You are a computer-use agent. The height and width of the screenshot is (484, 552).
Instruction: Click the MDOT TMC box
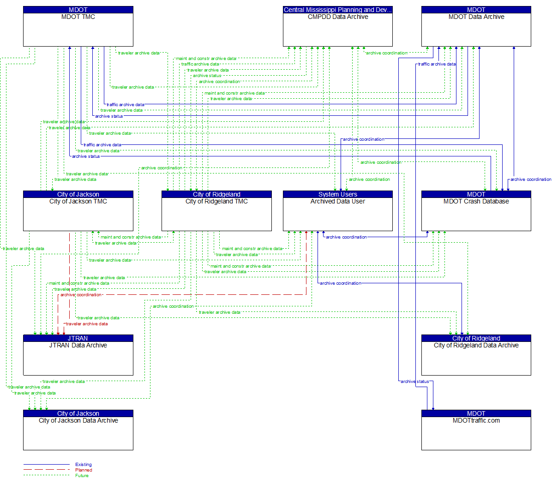tap(78, 30)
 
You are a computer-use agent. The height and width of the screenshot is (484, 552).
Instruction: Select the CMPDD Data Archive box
tap(337, 30)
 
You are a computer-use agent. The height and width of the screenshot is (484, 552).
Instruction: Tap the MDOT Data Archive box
tap(476, 30)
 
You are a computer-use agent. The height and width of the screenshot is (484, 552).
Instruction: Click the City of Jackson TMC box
tap(78, 214)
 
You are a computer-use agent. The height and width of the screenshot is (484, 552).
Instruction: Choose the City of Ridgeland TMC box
tap(216, 214)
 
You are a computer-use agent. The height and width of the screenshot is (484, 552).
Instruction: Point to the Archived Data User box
tap(337, 214)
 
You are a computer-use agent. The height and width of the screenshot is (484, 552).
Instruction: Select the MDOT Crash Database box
tap(476, 214)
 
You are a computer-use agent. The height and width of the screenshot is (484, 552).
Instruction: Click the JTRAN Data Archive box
tap(78, 358)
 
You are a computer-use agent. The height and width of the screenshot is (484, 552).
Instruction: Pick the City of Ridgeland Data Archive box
tap(476, 358)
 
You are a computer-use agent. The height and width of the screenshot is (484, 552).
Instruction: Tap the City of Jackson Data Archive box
tap(78, 433)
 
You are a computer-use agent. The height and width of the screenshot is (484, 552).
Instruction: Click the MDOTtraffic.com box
tap(476, 433)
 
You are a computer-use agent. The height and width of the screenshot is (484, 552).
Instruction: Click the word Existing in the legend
tap(84, 465)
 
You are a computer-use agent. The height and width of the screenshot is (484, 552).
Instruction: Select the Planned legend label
tap(84, 470)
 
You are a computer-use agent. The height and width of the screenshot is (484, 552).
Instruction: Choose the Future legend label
tap(82, 476)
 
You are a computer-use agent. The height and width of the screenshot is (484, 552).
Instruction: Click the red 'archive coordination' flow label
tap(81, 295)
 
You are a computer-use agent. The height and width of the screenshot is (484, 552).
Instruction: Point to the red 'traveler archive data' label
tap(87, 324)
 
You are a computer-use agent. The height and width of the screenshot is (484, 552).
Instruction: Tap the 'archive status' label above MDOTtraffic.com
tap(414, 382)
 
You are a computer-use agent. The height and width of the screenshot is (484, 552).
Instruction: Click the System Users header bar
tap(337, 194)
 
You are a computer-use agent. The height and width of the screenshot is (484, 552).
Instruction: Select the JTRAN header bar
tap(78, 338)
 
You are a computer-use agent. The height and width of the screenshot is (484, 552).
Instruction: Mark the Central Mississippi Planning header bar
tap(337, 10)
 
